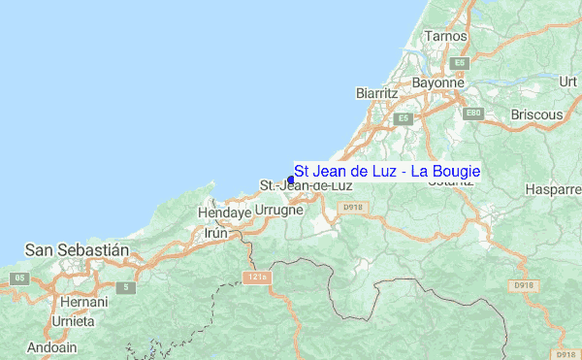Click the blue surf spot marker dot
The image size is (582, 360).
click(291, 179)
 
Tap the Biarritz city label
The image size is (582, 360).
click(377, 92)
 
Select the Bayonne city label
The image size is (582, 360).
click(438, 83)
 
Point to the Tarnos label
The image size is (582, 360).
click(446, 36)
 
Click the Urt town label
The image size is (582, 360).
click(568, 82)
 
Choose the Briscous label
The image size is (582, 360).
click(536, 115)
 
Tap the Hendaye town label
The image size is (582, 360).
click(224, 212)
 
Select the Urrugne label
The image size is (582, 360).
click(279, 210)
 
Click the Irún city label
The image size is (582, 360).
click(215, 234)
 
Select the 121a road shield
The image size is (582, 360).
click(255, 278)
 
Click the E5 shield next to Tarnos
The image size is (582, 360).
click(460, 62)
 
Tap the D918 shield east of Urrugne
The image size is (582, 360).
click(351, 207)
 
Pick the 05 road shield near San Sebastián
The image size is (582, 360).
click(17, 278)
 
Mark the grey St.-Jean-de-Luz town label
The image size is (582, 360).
click(307, 185)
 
